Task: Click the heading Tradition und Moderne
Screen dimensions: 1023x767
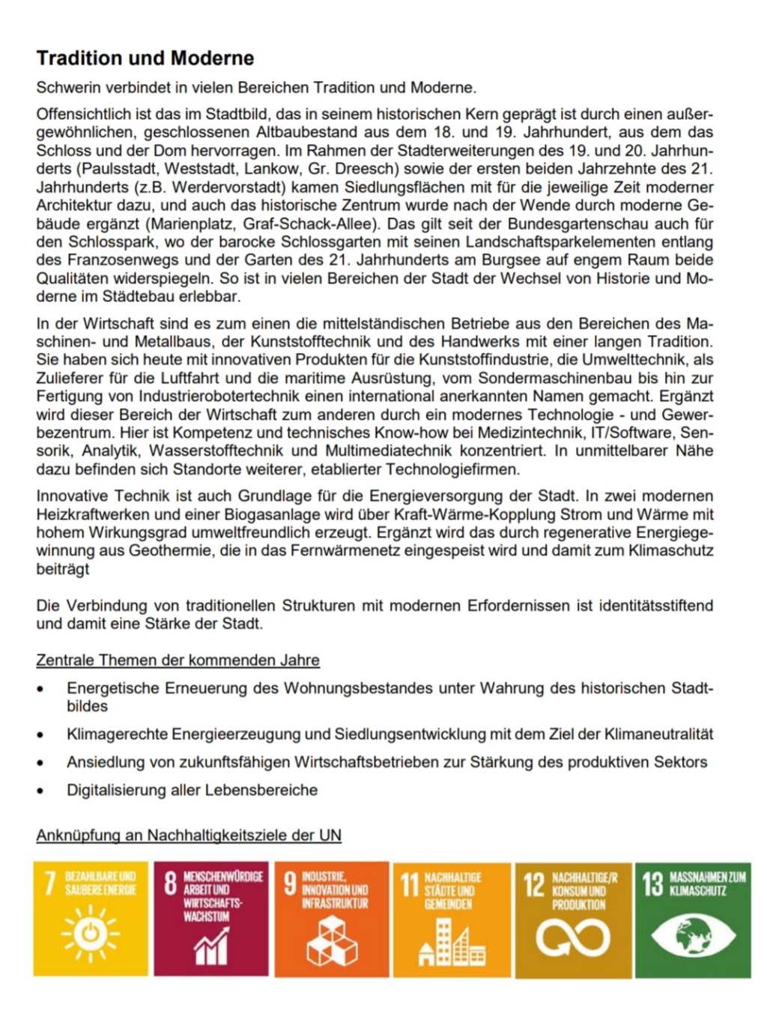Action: (x=145, y=58)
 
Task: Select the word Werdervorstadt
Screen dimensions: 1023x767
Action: (x=233, y=187)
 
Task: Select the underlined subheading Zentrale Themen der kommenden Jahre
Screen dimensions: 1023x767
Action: (x=178, y=660)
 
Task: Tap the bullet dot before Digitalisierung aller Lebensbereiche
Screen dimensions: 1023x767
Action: (x=41, y=791)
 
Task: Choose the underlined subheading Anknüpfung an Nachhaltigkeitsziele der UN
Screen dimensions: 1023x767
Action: (x=189, y=835)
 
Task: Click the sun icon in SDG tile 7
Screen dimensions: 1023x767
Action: (x=91, y=934)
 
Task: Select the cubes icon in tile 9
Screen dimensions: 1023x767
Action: (x=332, y=940)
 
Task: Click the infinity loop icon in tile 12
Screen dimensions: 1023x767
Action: (x=572, y=938)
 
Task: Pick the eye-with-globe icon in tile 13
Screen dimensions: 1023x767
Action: (x=693, y=938)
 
